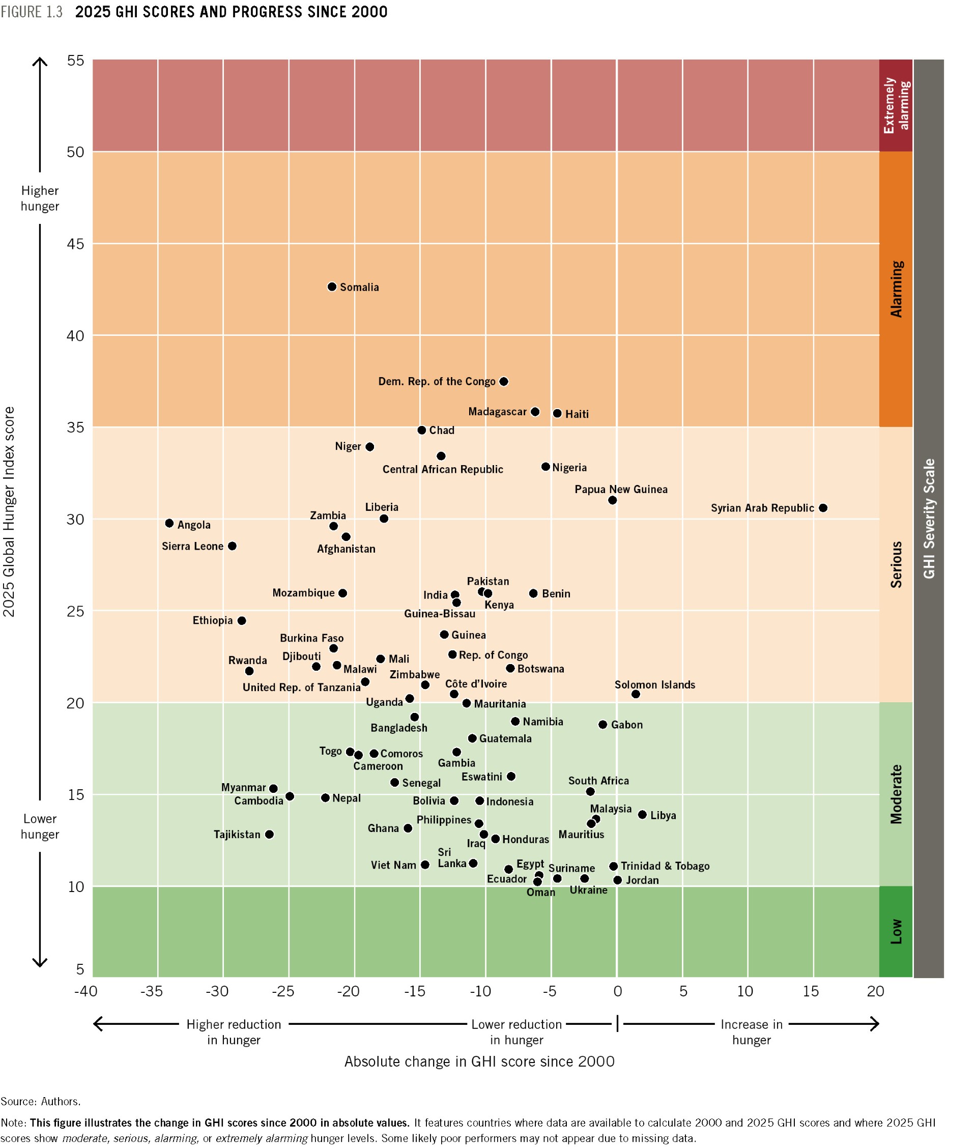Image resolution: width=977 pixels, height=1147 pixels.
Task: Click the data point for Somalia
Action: click(x=332, y=287)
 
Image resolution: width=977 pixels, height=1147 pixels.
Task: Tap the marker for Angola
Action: click(x=169, y=523)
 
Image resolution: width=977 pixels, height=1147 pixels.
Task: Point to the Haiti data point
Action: click(x=557, y=414)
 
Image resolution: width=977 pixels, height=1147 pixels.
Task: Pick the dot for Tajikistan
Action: click(x=269, y=834)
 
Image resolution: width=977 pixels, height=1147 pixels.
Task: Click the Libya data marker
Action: click(x=642, y=815)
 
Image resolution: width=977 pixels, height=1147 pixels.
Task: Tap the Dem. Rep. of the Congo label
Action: click(x=436, y=382)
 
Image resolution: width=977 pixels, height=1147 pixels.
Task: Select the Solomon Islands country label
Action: click(x=654, y=685)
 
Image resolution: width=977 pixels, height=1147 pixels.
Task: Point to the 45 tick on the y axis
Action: click(x=75, y=244)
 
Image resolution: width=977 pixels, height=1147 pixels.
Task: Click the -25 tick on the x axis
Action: click(x=282, y=991)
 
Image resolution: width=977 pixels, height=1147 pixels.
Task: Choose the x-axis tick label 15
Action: click(x=811, y=991)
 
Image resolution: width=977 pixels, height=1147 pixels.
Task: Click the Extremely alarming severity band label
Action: click(x=896, y=105)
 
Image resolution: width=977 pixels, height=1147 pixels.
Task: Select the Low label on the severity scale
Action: click(x=896, y=932)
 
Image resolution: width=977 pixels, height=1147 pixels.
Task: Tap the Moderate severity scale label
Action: click(x=896, y=794)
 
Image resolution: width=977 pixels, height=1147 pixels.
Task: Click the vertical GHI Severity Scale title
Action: click(x=928, y=519)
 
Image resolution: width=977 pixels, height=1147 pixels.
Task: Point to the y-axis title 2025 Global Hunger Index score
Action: click(x=9, y=511)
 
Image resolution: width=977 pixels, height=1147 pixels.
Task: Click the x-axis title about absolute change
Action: click(x=479, y=1062)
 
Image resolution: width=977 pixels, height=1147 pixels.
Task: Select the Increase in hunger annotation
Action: click(x=751, y=1032)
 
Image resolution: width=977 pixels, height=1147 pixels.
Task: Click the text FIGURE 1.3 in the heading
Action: click(x=32, y=12)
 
